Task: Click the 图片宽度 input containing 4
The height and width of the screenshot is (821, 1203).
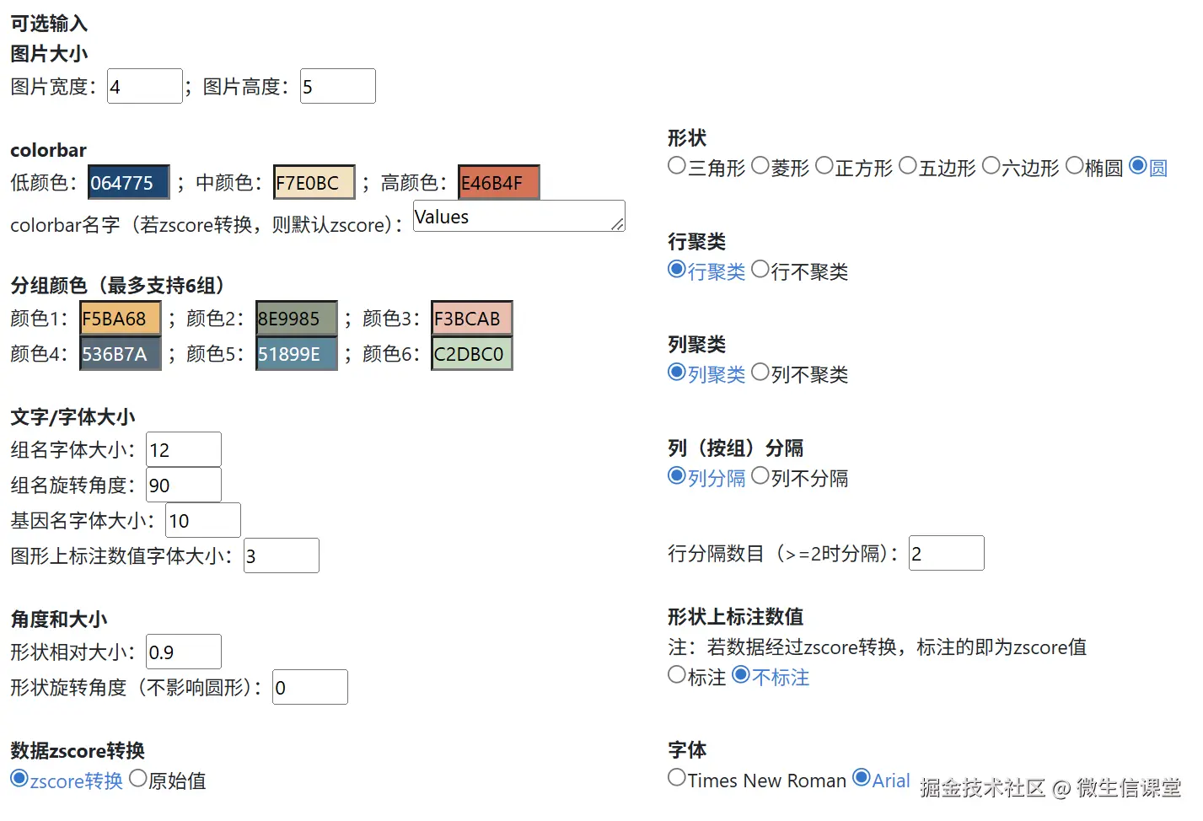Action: tap(144, 87)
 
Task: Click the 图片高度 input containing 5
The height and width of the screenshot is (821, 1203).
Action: tap(337, 87)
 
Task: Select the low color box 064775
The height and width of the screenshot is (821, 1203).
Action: tap(128, 183)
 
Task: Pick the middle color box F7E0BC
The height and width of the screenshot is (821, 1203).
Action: tap(314, 183)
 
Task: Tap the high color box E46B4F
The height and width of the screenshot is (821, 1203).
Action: tap(498, 183)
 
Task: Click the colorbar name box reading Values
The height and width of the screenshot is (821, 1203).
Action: tap(518, 217)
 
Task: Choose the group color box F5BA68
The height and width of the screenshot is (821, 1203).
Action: tap(120, 319)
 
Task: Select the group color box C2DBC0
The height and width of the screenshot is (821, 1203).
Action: tap(471, 354)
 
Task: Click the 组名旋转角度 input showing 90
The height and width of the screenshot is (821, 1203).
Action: tap(183, 486)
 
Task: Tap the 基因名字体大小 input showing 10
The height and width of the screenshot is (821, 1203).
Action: tap(202, 521)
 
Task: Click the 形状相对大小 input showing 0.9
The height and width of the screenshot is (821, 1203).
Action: tap(183, 652)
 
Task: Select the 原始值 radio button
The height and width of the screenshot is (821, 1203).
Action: tap(138, 779)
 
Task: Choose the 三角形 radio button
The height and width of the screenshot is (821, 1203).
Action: tap(677, 166)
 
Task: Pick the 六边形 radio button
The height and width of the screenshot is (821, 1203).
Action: tap(991, 166)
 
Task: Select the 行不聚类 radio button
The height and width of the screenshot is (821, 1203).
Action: tap(760, 270)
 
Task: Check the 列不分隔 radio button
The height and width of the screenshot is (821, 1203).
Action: tap(760, 476)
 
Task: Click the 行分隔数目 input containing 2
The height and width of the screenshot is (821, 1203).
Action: tap(946, 554)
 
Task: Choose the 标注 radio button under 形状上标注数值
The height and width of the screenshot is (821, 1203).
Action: tap(677, 675)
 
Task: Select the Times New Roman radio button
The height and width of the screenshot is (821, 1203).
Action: tap(677, 778)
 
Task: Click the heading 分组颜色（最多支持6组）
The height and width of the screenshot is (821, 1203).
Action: tap(117, 286)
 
